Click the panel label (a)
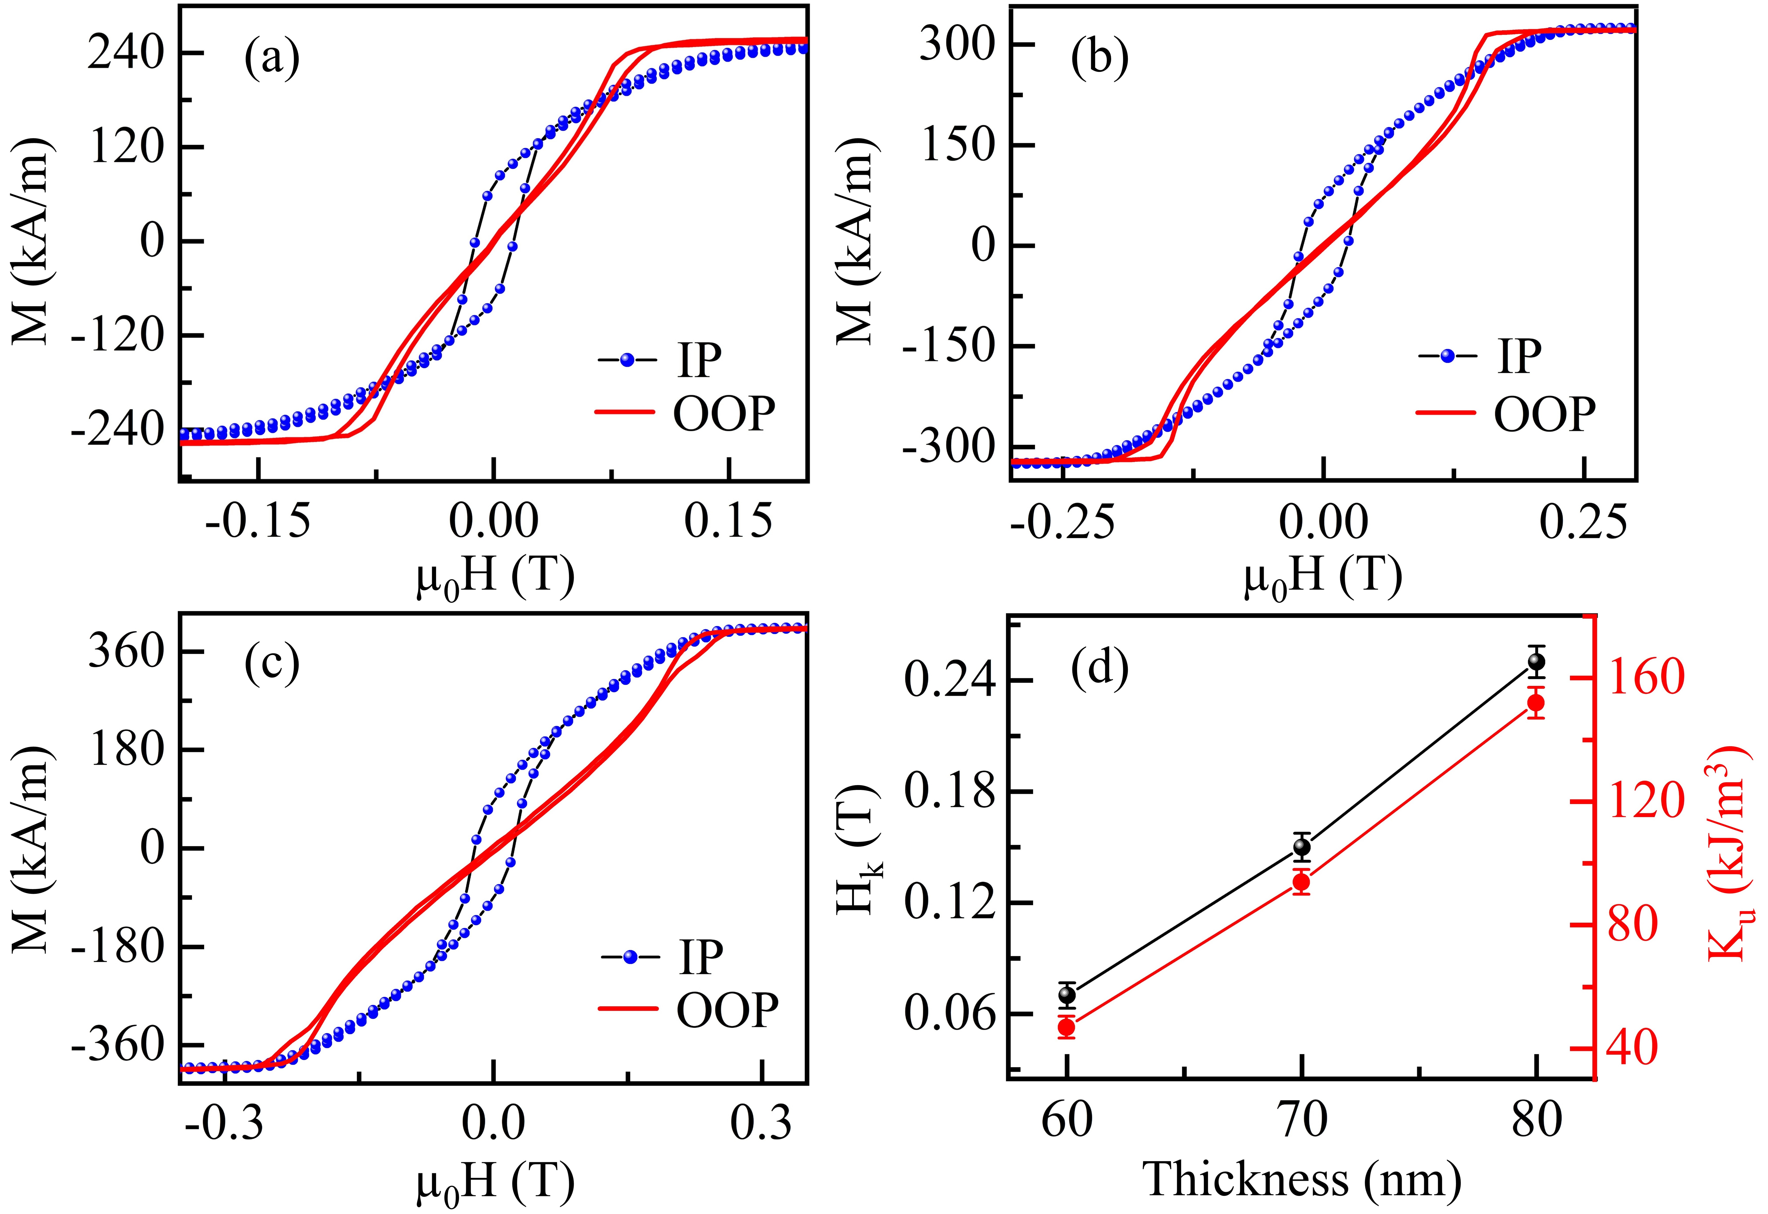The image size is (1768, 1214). point(272,59)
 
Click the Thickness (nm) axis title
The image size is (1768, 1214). point(1302,1180)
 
